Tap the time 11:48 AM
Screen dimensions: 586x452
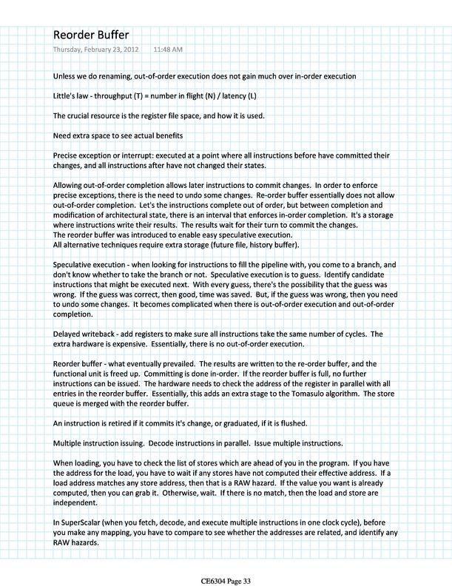168,50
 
